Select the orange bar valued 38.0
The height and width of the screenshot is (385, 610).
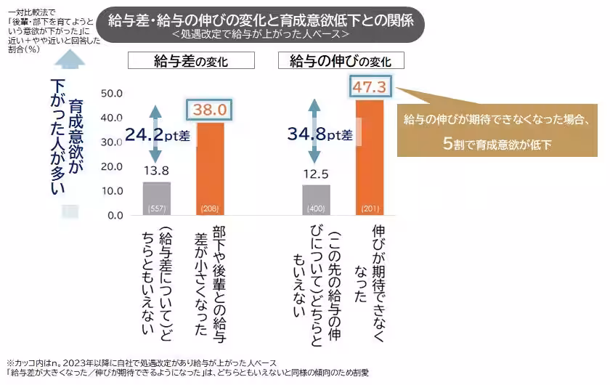pyautogui.click(x=210, y=169)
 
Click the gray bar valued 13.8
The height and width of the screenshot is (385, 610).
pyautogui.click(x=156, y=198)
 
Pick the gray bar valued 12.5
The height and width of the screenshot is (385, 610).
pyautogui.click(x=316, y=200)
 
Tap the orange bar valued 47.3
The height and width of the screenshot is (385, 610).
pyautogui.click(x=370, y=157)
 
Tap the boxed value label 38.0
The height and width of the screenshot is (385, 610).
pyautogui.click(x=210, y=110)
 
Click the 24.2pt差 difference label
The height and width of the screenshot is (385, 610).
pyautogui.click(x=156, y=134)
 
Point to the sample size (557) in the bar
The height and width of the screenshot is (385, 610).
pyautogui.click(x=156, y=210)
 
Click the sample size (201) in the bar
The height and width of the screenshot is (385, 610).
pyautogui.click(x=370, y=210)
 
